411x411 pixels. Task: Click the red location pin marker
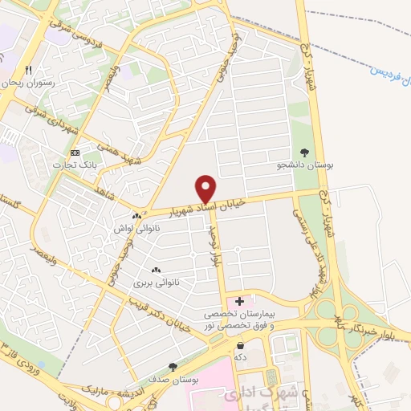tap(206, 189)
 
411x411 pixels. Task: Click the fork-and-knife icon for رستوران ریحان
tap(29, 70)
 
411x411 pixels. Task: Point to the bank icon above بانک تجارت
tap(75, 153)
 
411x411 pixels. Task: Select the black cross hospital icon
tap(239, 300)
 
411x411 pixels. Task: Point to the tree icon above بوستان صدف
tap(173, 365)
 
